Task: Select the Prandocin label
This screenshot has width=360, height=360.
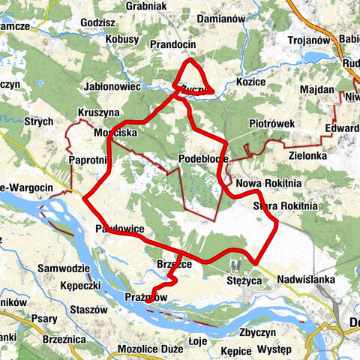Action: click(x=173, y=44)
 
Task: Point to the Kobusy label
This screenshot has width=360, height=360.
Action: click(x=122, y=38)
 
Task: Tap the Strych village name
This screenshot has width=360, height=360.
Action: click(x=38, y=121)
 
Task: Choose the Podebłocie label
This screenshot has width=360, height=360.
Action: click(x=203, y=159)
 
